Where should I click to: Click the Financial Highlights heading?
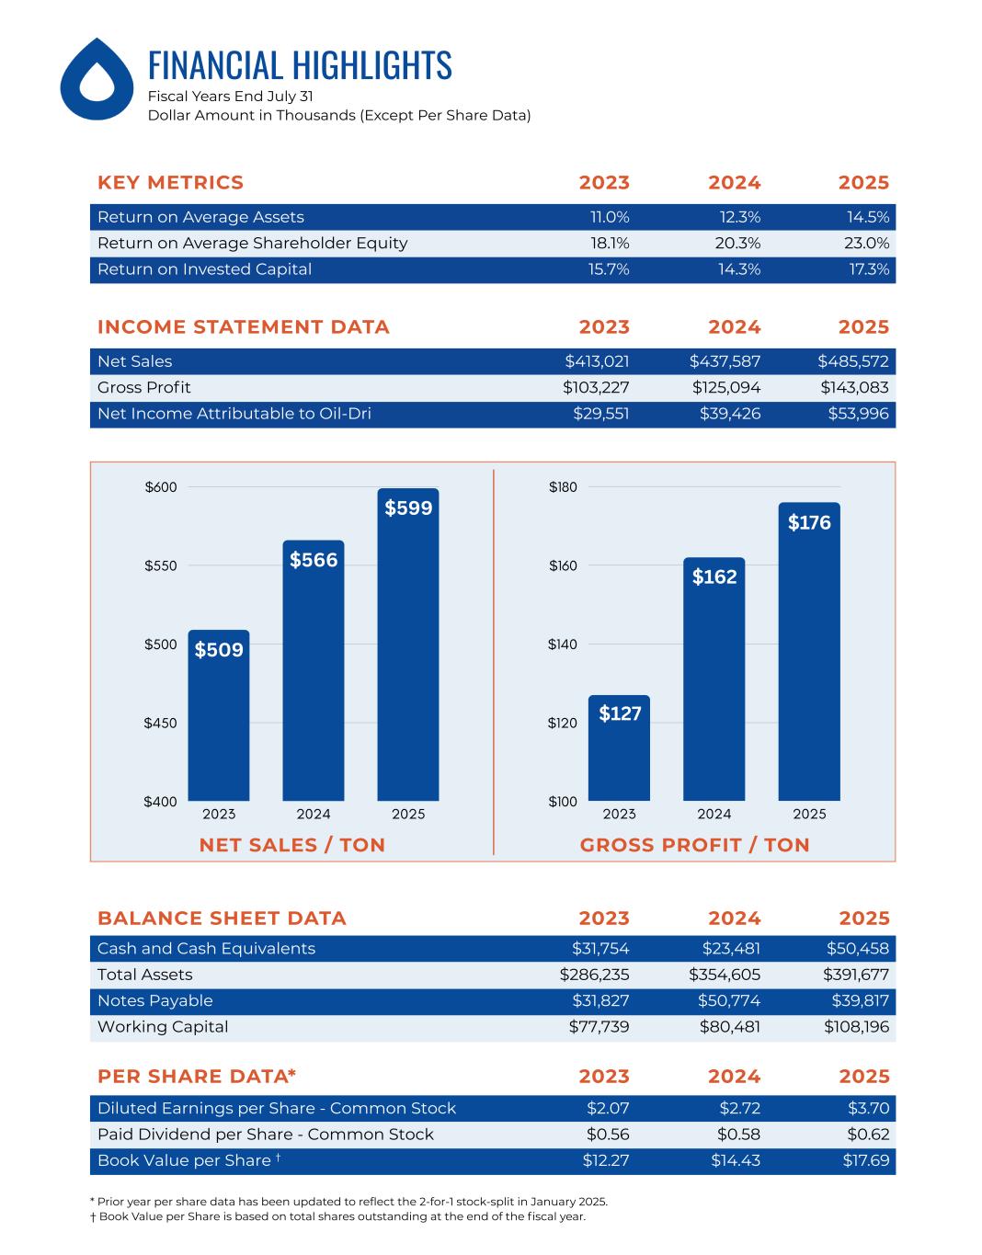tap(300, 65)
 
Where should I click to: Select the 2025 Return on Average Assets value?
tap(867, 217)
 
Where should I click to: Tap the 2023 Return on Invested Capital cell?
tap(609, 269)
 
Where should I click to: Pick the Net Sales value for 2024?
tap(725, 361)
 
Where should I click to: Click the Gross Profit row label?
tap(144, 387)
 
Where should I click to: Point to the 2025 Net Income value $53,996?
tap(858, 414)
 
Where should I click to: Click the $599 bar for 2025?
tap(408, 644)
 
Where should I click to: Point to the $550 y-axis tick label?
tap(160, 565)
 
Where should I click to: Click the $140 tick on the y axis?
tap(563, 645)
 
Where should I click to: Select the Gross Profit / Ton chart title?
tap(694, 845)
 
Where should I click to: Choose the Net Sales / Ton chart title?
tap(292, 845)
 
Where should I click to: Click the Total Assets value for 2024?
tap(725, 975)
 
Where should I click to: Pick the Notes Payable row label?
tap(154, 1000)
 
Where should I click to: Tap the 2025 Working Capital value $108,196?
tap(856, 1027)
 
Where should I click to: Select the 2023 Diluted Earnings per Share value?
tap(608, 1108)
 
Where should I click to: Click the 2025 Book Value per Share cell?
tap(865, 1160)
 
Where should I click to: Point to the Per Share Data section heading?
tap(197, 1076)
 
